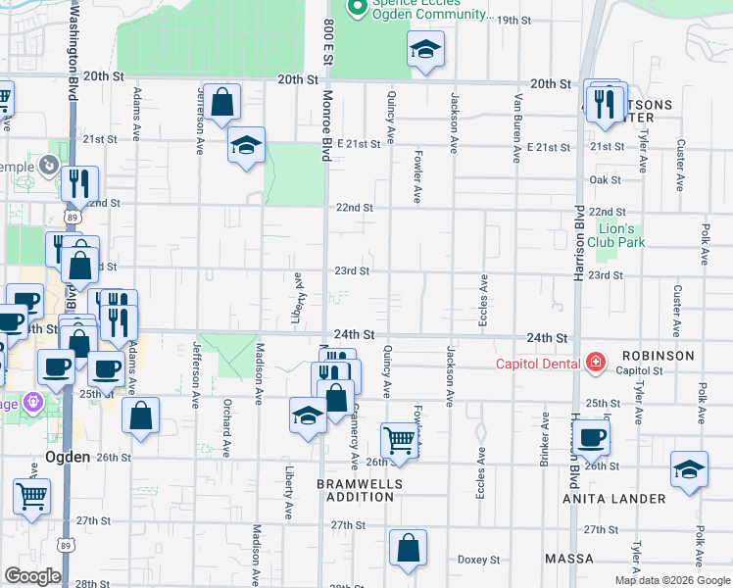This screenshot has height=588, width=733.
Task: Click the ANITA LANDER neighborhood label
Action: pos(613,499)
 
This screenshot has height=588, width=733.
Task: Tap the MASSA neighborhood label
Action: pos(570,559)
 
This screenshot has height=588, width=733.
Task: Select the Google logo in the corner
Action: pos(32,576)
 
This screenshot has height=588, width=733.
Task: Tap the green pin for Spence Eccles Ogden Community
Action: pos(359,9)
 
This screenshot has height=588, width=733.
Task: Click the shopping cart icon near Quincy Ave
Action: pos(400,440)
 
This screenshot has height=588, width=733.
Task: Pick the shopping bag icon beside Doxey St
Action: pos(408,549)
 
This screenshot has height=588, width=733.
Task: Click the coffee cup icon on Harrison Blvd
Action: pos(592,437)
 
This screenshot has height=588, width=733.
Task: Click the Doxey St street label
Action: pos(479,560)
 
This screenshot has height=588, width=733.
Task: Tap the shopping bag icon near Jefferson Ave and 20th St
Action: pos(222,102)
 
